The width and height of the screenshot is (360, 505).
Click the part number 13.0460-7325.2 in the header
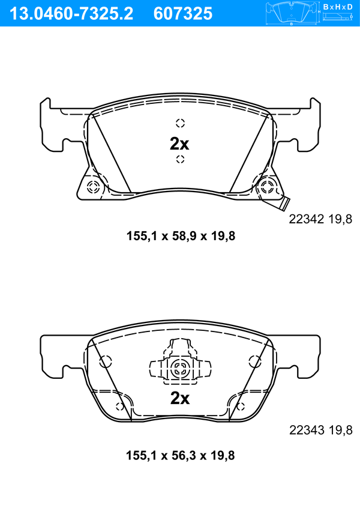pos(71,14)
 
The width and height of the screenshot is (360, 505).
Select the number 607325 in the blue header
pos(183,14)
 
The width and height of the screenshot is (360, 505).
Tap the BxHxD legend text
pos(338,7)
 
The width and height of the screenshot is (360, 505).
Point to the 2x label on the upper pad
pos(179,144)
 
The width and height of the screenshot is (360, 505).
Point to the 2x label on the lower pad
pos(180,398)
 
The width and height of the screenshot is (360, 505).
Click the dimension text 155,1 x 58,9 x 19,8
pos(181,236)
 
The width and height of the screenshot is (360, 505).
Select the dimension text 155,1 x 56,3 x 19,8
pos(180,455)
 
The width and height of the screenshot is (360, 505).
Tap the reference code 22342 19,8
pos(320,219)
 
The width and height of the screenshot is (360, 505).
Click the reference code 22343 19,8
pos(321,429)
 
